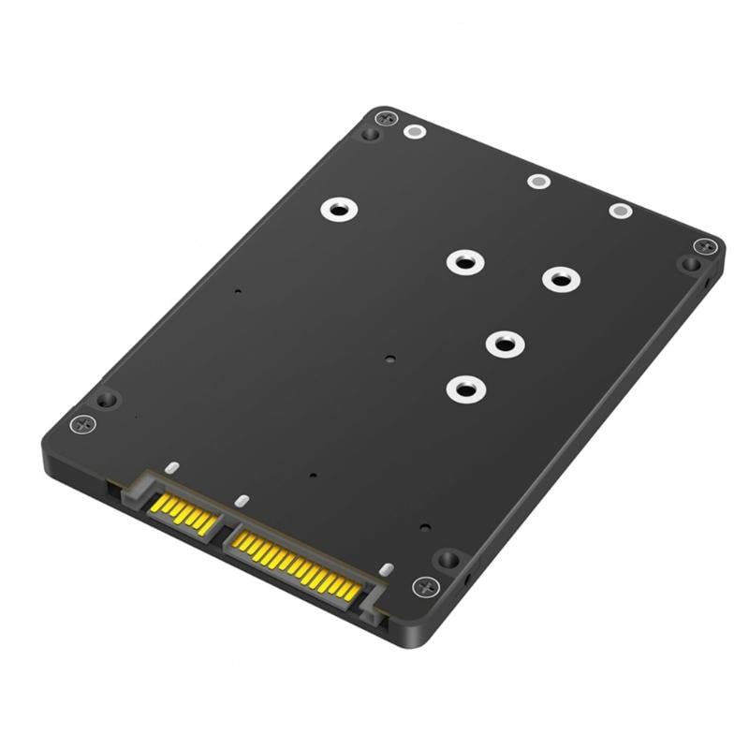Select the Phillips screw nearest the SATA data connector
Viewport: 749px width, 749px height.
point(83,423)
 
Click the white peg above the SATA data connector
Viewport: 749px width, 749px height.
point(170,465)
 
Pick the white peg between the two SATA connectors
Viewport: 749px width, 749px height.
point(241,501)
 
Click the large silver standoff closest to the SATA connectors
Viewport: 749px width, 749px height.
point(464,388)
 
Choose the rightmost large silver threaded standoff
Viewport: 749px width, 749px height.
point(559,278)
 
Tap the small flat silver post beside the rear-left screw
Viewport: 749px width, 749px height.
point(412,132)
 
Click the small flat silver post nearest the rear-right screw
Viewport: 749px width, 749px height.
point(620,211)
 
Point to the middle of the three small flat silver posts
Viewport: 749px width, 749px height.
point(537,181)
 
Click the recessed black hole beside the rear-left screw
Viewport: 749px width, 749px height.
point(371,135)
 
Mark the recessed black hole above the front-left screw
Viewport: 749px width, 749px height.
point(107,399)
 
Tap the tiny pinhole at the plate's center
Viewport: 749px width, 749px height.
point(389,357)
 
